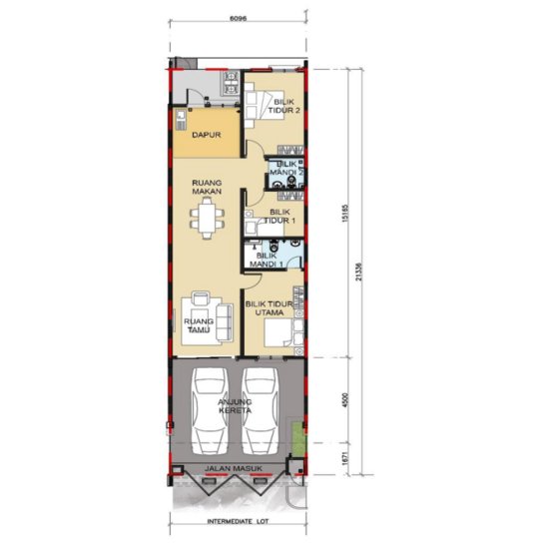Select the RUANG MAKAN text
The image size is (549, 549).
click(x=206, y=189)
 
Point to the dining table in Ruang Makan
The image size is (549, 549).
click(x=208, y=218)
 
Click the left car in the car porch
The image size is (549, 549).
click(x=212, y=409)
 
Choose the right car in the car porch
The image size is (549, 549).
click(x=263, y=409)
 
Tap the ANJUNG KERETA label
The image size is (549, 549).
click(x=237, y=407)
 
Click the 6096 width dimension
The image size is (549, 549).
click(x=238, y=17)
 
